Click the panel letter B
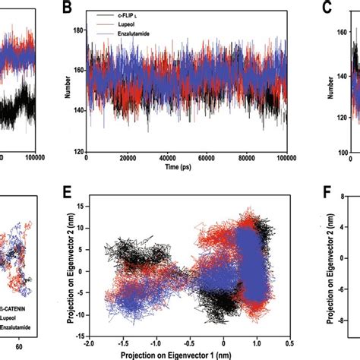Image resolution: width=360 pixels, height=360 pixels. pos(67,10)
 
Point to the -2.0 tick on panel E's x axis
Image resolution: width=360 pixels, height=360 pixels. pos(89,343)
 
